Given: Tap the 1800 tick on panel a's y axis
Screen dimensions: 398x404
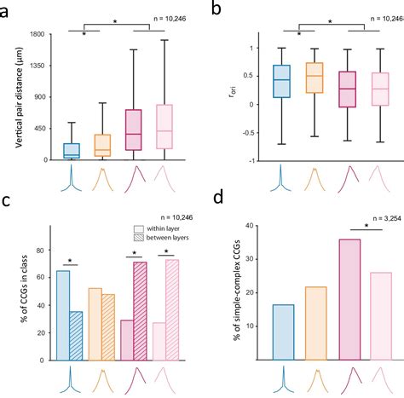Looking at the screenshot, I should [38, 34].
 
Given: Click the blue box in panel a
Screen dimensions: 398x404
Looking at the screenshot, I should [71, 151].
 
